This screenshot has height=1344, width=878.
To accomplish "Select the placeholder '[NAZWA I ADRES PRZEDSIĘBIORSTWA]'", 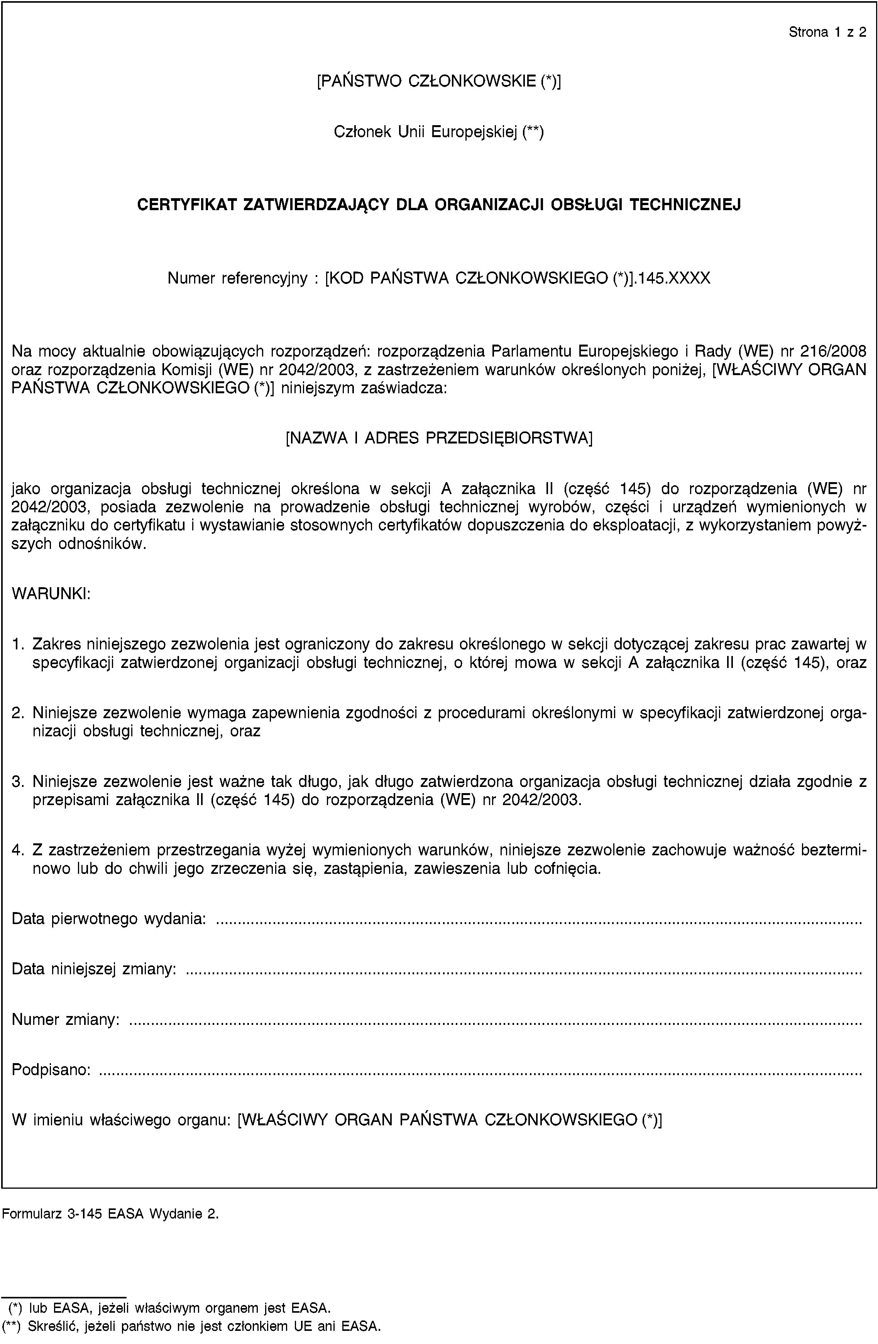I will pos(439,438).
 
